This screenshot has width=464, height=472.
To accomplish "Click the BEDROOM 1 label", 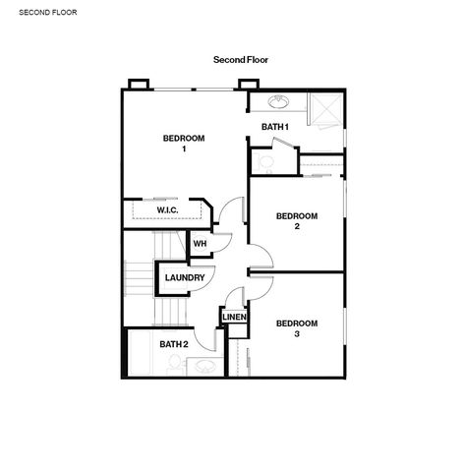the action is pyautogui.click(x=184, y=144).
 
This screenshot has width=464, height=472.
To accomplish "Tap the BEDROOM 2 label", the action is pyautogui.click(x=297, y=221).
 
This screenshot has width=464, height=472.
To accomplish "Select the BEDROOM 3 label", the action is pyautogui.click(x=297, y=328).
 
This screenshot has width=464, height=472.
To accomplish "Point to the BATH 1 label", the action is pyautogui.click(x=275, y=127).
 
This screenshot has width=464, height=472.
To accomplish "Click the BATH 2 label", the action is pyautogui.click(x=174, y=344).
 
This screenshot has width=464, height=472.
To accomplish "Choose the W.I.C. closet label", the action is pyautogui.click(x=167, y=210).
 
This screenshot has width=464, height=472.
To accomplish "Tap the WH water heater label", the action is pyautogui.click(x=200, y=244).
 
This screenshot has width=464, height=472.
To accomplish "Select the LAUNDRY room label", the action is pyautogui.click(x=185, y=278).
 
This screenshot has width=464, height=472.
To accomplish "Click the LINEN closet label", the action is pyautogui.click(x=234, y=318).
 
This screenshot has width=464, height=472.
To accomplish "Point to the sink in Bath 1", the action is pyautogui.click(x=279, y=101).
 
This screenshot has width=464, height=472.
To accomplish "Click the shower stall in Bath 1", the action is pyautogui.click(x=326, y=109).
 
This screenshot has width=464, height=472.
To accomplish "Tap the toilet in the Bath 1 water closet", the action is pyautogui.click(x=265, y=163).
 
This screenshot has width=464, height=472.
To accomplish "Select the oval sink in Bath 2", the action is pyautogui.click(x=205, y=367).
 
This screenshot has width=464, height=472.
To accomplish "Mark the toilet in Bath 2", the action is pyautogui.click(x=175, y=365).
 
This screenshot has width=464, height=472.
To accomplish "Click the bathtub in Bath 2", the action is pyautogui.click(x=140, y=353).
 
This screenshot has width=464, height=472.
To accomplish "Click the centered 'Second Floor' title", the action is pyautogui.click(x=241, y=60).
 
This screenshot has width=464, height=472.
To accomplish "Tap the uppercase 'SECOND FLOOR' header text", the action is pyautogui.click(x=48, y=13).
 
